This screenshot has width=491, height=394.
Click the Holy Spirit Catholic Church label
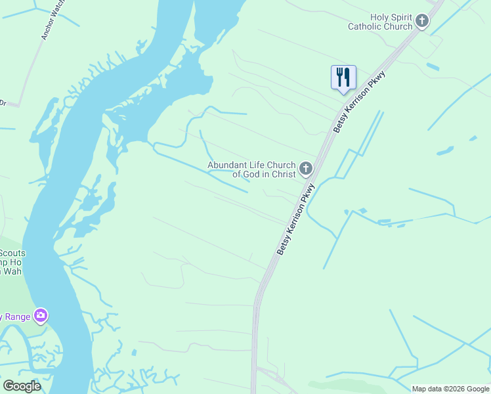coord(381,22)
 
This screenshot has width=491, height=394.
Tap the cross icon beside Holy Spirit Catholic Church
coord(421,22)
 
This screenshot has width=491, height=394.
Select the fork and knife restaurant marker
coord(343,78)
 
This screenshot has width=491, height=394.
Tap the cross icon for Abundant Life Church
coord(305,169)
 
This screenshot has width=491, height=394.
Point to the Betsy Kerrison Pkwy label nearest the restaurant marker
coord(359,102)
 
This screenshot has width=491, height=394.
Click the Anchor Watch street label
coord(53,20)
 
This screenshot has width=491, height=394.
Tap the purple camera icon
coord(41,317)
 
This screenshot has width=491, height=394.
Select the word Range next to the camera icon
coord(17,317)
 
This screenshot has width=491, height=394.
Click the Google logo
coord(22,386)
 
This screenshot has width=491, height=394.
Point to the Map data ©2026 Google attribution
coord(450,389)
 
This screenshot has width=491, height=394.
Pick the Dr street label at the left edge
coord(3,103)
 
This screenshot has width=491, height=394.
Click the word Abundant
coord(228,165)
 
